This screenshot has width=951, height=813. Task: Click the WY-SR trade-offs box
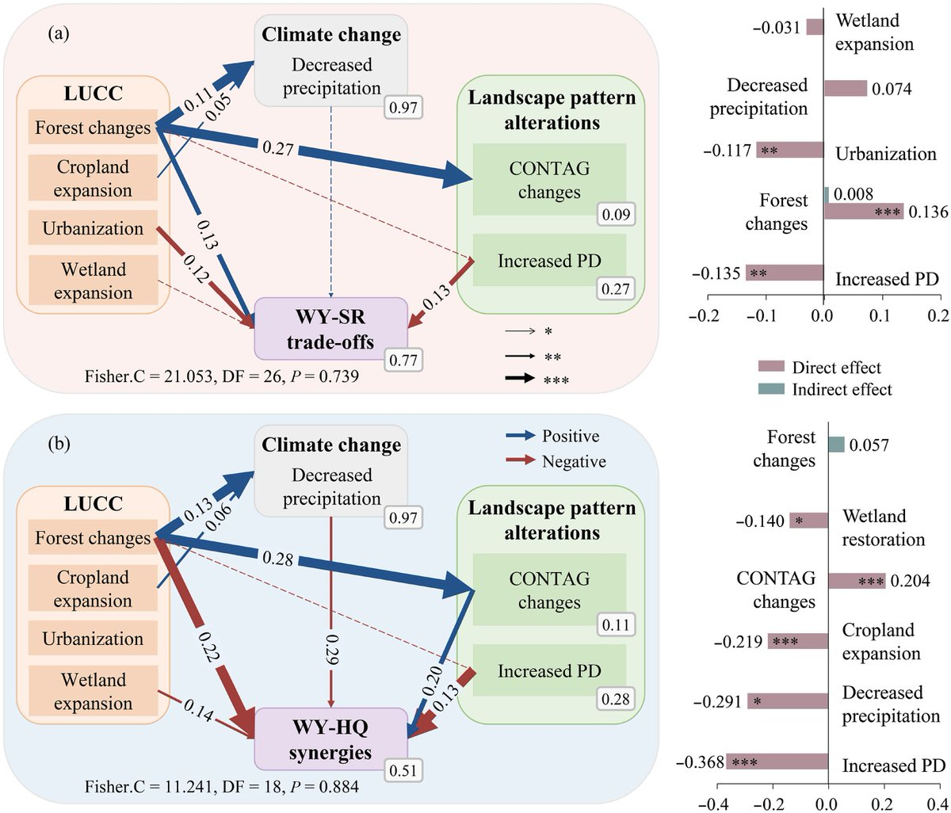tap(330, 329)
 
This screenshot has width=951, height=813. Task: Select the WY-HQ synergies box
tap(330, 738)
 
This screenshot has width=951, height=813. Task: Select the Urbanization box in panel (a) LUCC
tap(93, 229)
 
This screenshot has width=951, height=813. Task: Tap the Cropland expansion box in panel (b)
tap(93, 590)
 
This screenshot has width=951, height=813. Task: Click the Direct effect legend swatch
tap(770, 367)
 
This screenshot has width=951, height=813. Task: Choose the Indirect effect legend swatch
tap(770, 389)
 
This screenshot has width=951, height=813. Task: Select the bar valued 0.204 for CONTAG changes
tap(857, 581)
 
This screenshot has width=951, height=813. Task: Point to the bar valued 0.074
tap(846, 89)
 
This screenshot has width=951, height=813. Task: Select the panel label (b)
tap(59, 444)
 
